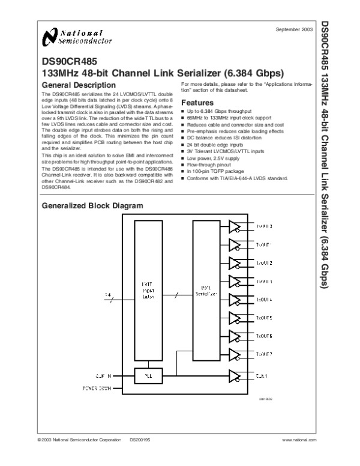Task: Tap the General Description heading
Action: [76, 85]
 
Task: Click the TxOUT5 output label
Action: [264, 318]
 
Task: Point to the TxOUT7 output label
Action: [264, 354]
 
